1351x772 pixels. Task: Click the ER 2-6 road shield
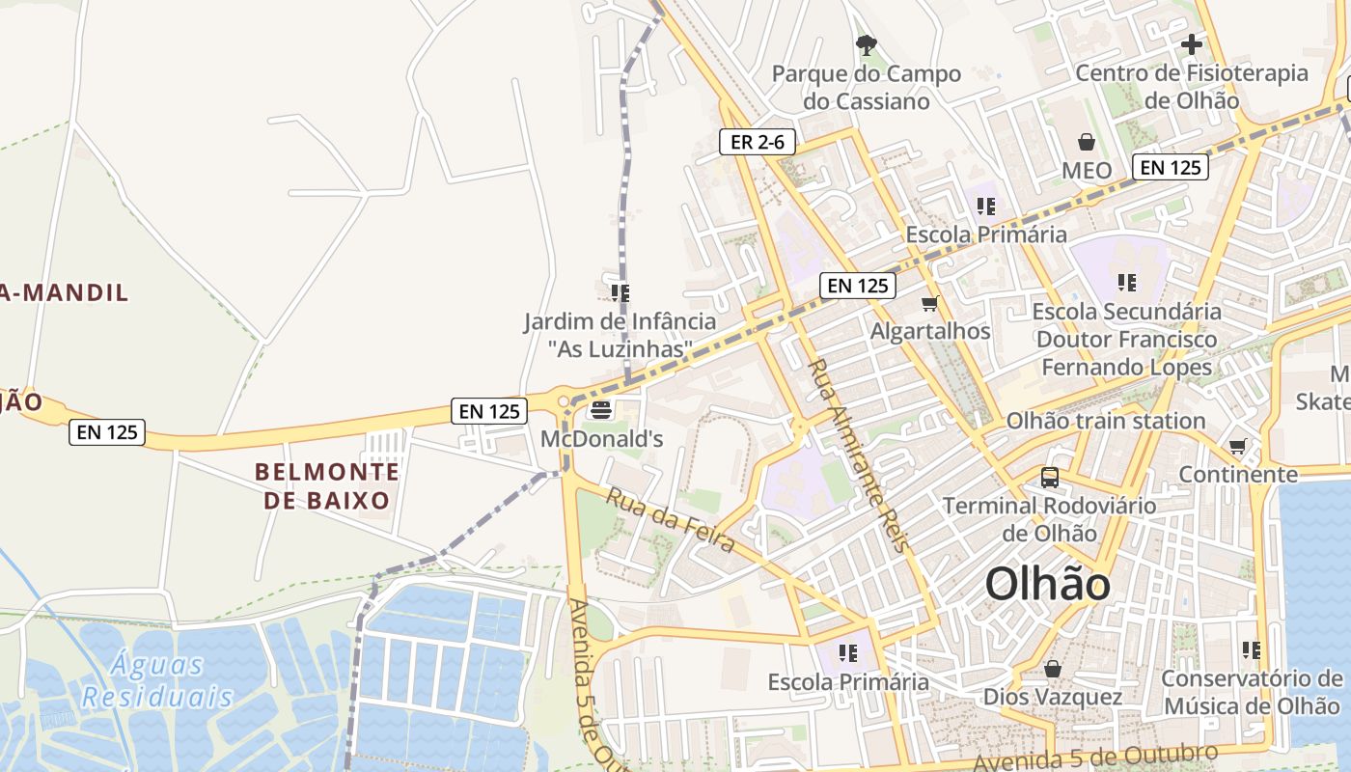pos(758,143)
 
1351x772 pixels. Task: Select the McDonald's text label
pos(602,439)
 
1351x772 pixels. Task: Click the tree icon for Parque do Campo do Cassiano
pos(867,44)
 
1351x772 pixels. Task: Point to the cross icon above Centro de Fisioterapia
pos(1192,44)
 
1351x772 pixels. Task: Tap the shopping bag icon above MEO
pos(1087,143)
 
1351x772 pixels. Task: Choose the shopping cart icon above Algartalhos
pos(930,304)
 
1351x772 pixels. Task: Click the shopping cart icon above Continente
pos(1238,447)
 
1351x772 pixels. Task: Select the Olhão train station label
pos(1106,421)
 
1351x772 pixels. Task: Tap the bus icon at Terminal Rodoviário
pos(1049,477)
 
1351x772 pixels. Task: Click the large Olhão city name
pos(1047,584)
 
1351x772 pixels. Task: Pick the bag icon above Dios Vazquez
pos(1053,669)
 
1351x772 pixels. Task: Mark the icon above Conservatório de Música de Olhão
pos(1252,650)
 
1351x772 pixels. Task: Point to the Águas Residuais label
pos(157,680)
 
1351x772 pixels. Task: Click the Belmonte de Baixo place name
pos(326,485)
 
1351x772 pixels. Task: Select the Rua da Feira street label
pos(671,520)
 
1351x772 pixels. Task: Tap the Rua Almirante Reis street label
pos(859,455)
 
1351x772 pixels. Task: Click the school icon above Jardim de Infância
pos(620,292)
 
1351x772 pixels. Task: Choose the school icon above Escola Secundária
pos(1126,283)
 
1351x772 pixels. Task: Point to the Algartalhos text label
pos(930,331)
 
